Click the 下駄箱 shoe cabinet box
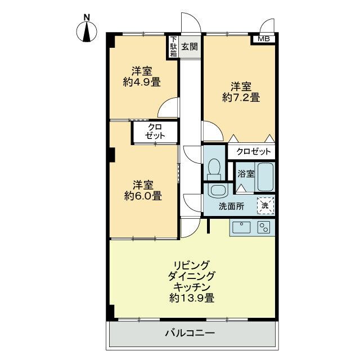click(174, 47)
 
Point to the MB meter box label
click(263, 39)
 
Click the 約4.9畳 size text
click(142, 82)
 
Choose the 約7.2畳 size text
click(241, 97)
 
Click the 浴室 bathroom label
click(245, 174)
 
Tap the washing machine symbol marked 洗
click(265, 205)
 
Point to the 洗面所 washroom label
click(232, 206)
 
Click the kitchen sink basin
click(242, 227)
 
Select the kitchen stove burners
click(263, 227)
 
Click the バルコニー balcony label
click(190, 334)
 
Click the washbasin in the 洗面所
click(216, 190)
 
